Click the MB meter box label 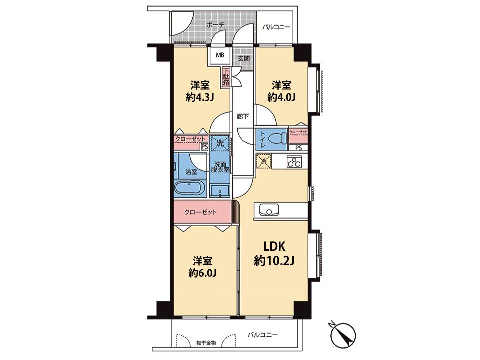point(220,55)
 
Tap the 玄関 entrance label point(244,58)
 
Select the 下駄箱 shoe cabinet point(226,78)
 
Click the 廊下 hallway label point(243,116)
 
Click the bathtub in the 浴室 point(190,187)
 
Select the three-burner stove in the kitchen point(294,161)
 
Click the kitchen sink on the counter point(269,210)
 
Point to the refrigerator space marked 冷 point(263,161)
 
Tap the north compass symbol point(344,333)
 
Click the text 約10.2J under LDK point(274,261)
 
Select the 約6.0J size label point(202,273)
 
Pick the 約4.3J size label point(200,97)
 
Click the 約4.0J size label point(281,97)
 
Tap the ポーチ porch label point(215,25)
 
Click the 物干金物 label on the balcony point(206,343)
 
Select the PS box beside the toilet point(298,148)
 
